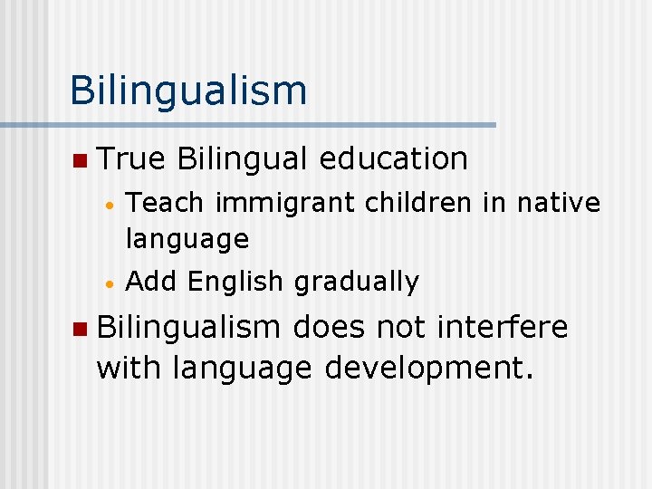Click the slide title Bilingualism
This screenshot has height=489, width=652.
[188, 91]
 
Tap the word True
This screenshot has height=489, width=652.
[130, 158]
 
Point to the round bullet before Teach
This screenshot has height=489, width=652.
[108, 206]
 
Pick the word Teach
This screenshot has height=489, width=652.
[167, 203]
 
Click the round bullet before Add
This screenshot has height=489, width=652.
[108, 284]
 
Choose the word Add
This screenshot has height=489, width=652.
[152, 282]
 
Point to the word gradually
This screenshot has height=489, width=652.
[357, 283]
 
